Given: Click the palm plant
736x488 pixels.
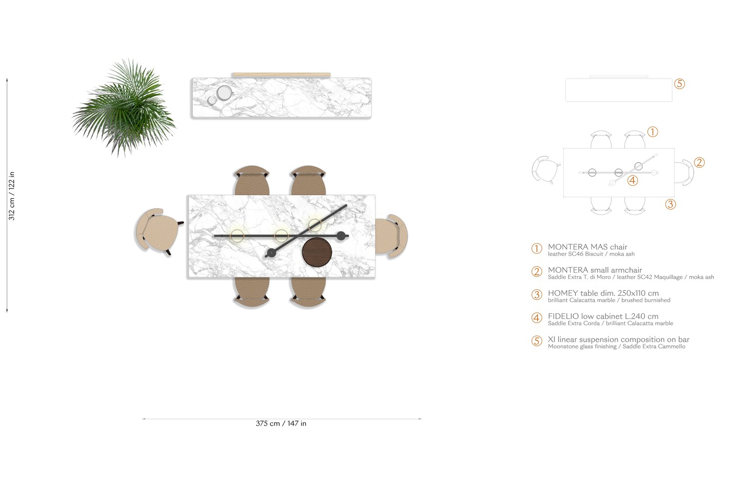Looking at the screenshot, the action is coord(124,108).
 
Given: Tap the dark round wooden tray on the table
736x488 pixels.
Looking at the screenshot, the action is coord(317,252).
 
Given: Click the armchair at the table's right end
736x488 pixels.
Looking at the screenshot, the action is coord(392,236).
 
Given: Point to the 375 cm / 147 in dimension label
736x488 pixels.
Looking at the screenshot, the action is coord(281,424).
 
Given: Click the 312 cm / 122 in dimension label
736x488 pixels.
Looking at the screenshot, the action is coord(11,196).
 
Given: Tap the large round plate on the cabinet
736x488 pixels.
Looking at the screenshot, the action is coord(224,93).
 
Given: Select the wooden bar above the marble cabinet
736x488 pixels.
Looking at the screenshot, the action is coord(281,75).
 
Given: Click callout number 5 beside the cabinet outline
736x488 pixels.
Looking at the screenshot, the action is coord(680,84).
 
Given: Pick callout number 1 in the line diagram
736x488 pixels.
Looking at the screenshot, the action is coord(653,132).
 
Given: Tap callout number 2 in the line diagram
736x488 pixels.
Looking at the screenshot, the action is coord(699,162).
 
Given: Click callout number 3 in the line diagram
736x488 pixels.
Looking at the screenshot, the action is coord(670,204).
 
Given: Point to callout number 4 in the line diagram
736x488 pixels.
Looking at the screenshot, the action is coord(632,180).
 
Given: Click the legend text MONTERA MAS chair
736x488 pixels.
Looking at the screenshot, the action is coord(587,247).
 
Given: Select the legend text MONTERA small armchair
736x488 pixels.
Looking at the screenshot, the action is coord(595,270).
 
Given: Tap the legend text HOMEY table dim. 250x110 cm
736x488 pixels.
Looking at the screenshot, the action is coord(603,293).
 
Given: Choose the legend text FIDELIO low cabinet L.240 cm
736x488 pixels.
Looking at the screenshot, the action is coord(603,316).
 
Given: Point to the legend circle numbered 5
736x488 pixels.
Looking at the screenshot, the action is coord(537,341).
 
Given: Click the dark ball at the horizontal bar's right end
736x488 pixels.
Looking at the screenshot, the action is coord(341,235).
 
